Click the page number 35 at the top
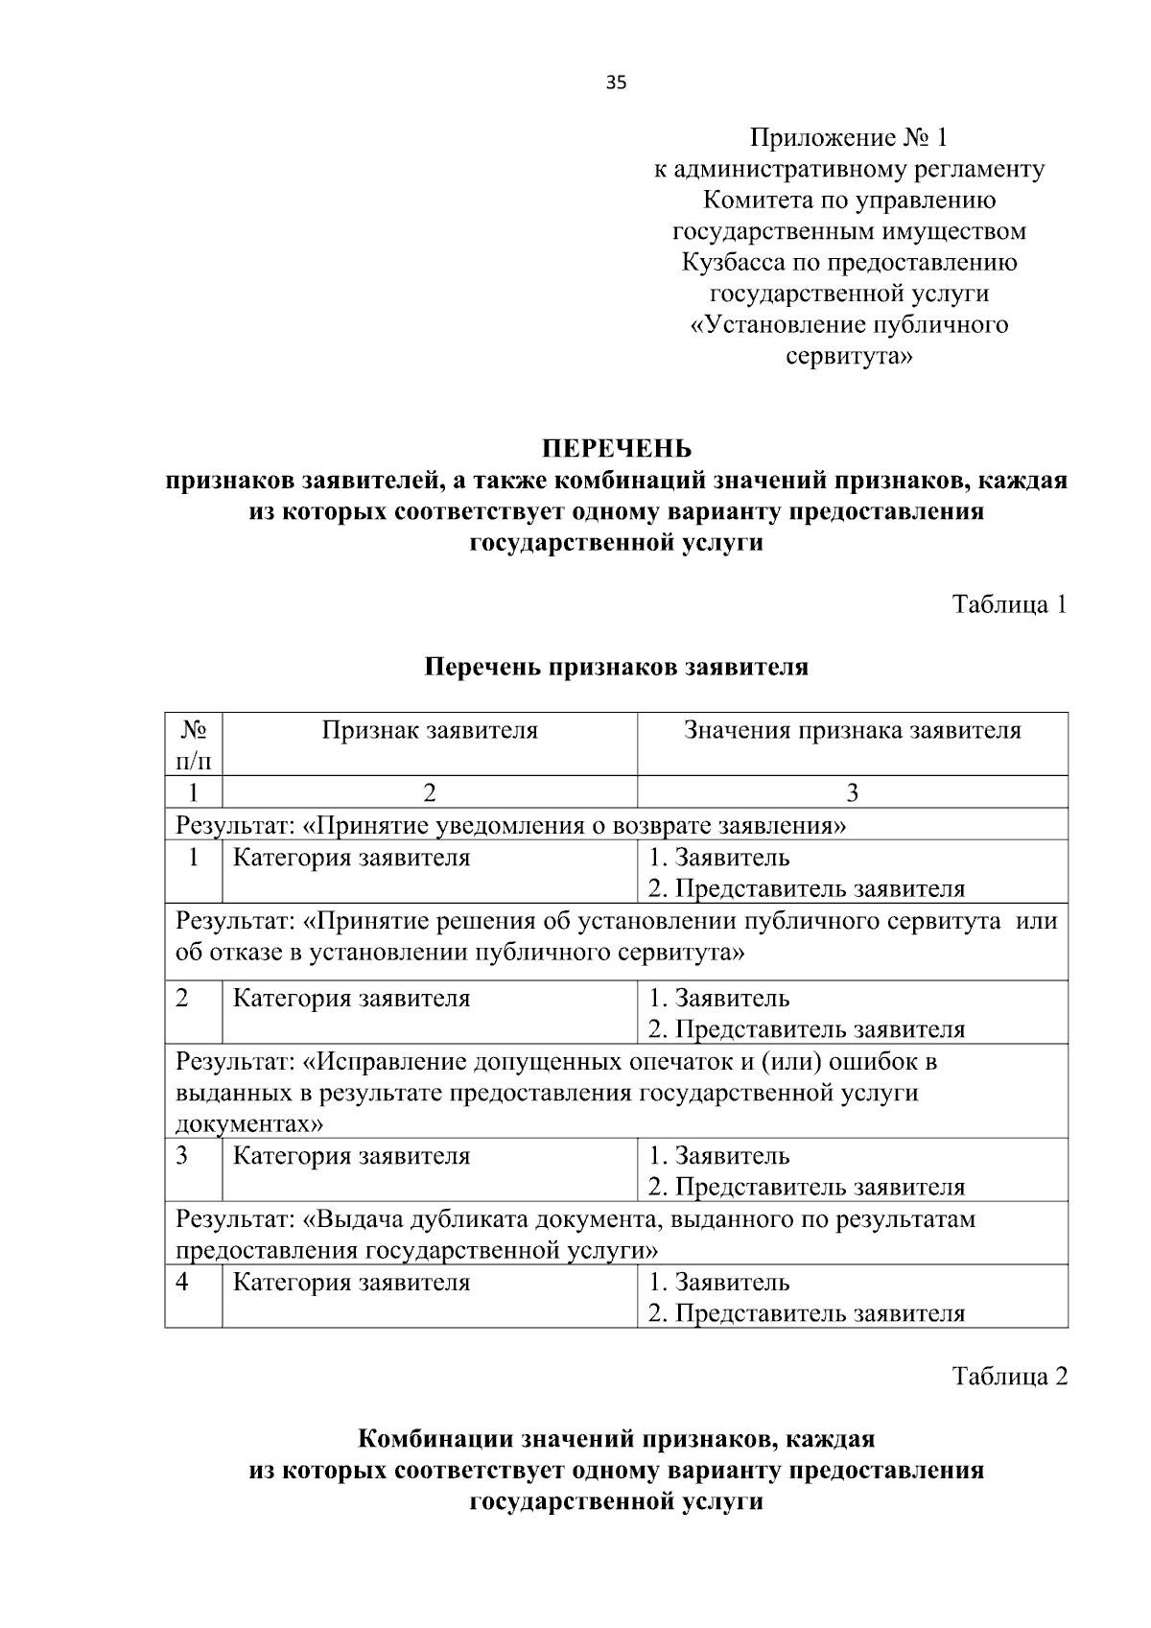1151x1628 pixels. click(616, 83)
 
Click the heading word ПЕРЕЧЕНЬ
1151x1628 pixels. click(616, 449)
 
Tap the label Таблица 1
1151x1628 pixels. click(1009, 604)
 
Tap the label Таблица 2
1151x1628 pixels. click(1009, 1377)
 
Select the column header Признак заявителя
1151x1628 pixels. click(430, 731)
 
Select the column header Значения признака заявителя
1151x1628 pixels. click(852, 731)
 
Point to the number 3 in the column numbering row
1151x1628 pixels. click(852, 792)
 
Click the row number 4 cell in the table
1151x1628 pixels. click(182, 1283)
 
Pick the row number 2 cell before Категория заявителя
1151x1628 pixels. click(182, 998)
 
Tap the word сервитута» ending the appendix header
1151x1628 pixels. click(849, 357)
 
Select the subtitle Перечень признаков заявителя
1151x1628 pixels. click(616, 667)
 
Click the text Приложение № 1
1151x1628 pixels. click(849, 138)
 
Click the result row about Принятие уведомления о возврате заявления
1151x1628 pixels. click(510, 825)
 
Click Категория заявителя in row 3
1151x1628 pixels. click(352, 1156)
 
